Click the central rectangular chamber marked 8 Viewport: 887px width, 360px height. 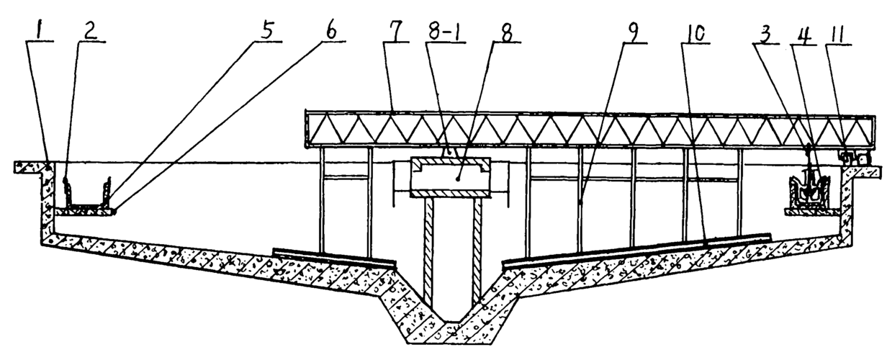click(x=450, y=177)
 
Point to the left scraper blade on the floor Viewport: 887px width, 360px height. click(x=335, y=258)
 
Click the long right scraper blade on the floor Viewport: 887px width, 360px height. click(x=636, y=249)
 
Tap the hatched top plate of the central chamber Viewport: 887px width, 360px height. click(x=450, y=162)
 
